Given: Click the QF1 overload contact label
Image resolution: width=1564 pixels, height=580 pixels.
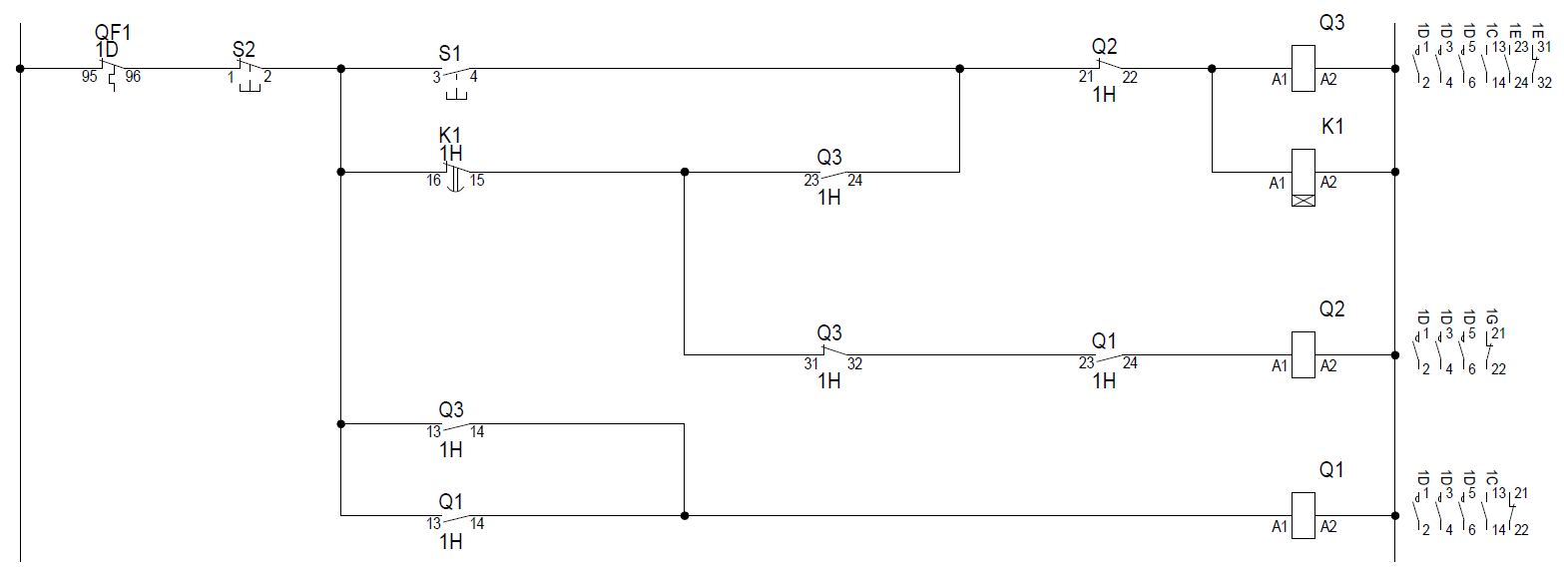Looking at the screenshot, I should pyautogui.click(x=113, y=33).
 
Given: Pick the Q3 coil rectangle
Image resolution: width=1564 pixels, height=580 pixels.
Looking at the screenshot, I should pyautogui.click(x=1303, y=69).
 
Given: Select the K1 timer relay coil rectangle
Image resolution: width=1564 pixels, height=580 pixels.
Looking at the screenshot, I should pyautogui.click(x=1303, y=178).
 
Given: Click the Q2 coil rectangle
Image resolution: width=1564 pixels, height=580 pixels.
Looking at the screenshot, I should pyautogui.click(x=1303, y=354).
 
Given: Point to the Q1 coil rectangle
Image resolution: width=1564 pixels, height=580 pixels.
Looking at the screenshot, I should pyautogui.click(x=1303, y=515).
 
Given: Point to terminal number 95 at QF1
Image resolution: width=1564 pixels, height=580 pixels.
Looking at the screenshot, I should pyautogui.click(x=90, y=77).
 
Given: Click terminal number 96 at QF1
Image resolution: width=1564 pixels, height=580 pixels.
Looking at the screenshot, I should pyautogui.click(x=133, y=77).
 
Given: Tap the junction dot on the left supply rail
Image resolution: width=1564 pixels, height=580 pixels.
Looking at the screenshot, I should pyautogui.click(x=20, y=69).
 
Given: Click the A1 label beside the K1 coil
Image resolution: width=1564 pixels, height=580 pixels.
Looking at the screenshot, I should pyautogui.click(x=1277, y=184).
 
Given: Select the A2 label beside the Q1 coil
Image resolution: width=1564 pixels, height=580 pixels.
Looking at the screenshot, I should pyautogui.click(x=1328, y=526).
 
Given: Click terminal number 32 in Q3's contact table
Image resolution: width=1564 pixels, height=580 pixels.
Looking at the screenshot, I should pyautogui.click(x=1544, y=83).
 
